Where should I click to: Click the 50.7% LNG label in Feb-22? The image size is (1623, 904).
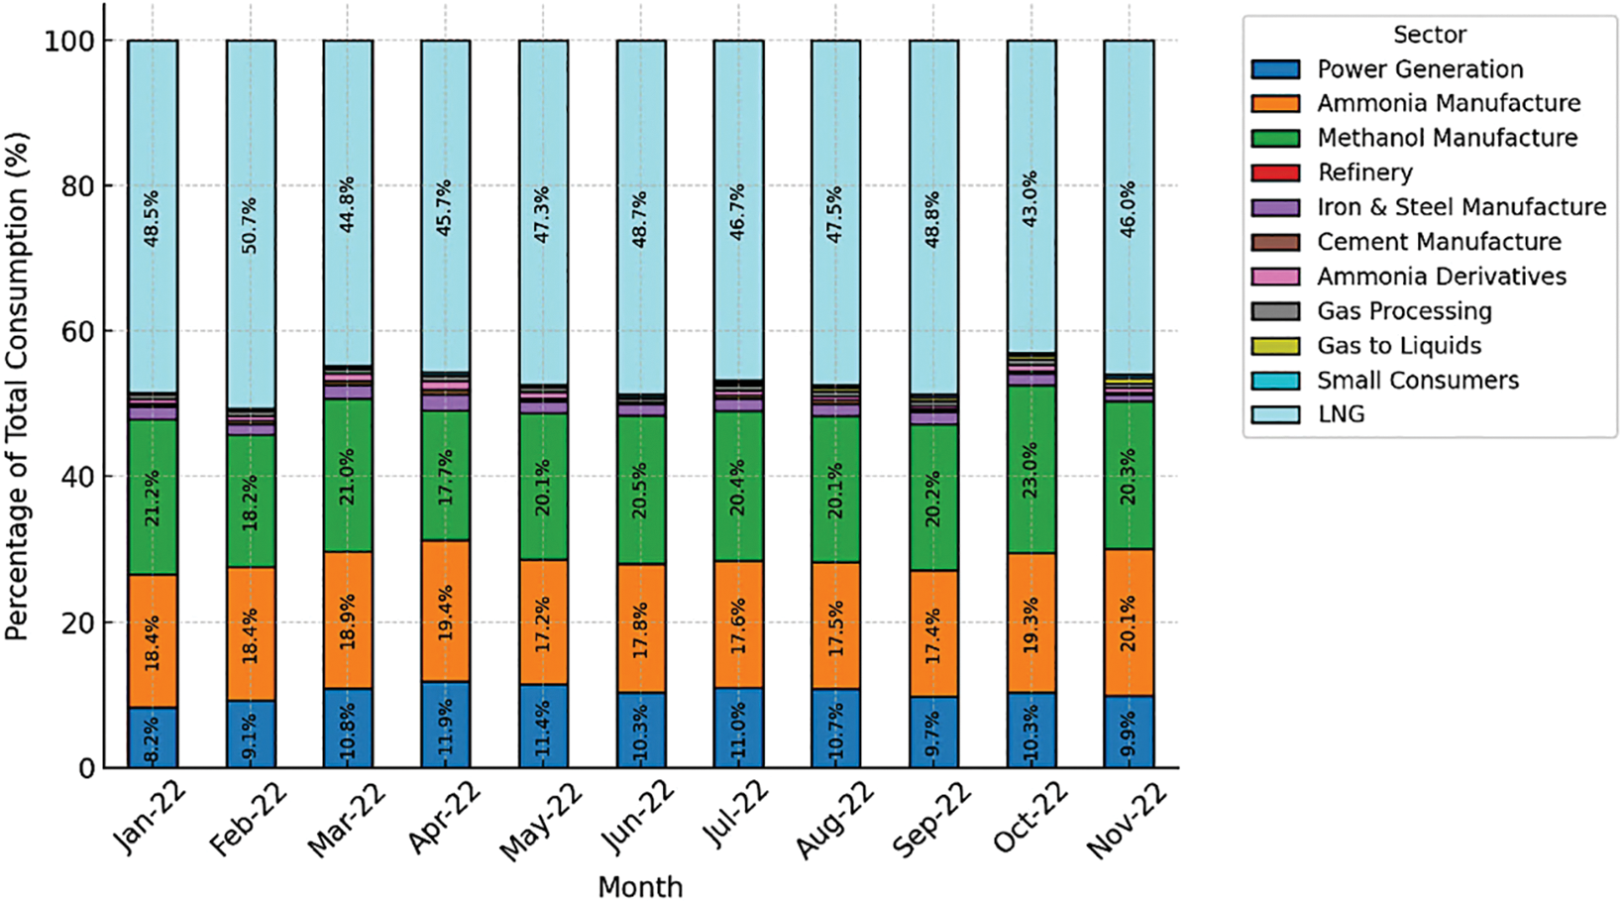pyautogui.click(x=249, y=226)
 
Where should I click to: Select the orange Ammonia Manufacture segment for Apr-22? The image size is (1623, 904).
pyautogui.click(x=445, y=611)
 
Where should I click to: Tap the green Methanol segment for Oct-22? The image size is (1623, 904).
pyautogui.click(x=1031, y=469)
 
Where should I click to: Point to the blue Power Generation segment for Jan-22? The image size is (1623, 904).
pyautogui.click(x=153, y=737)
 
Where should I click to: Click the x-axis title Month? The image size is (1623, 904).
pyautogui.click(x=640, y=886)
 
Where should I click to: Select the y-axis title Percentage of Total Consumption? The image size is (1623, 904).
pyautogui.click(x=17, y=387)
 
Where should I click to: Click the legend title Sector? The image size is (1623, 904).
pyautogui.click(x=1429, y=35)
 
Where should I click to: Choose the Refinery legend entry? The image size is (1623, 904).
pyautogui.click(x=1364, y=172)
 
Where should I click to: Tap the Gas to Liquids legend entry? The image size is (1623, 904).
pyautogui.click(x=1399, y=346)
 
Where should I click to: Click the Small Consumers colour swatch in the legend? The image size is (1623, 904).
pyautogui.click(x=1275, y=381)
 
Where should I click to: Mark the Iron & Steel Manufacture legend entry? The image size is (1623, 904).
pyautogui.click(x=1461, y=207)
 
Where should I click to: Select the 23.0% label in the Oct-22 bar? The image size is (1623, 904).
pyautogui.click(x=1031, y=469)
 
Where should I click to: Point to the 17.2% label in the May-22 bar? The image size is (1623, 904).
pyautogui.click(x=543, y=621)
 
